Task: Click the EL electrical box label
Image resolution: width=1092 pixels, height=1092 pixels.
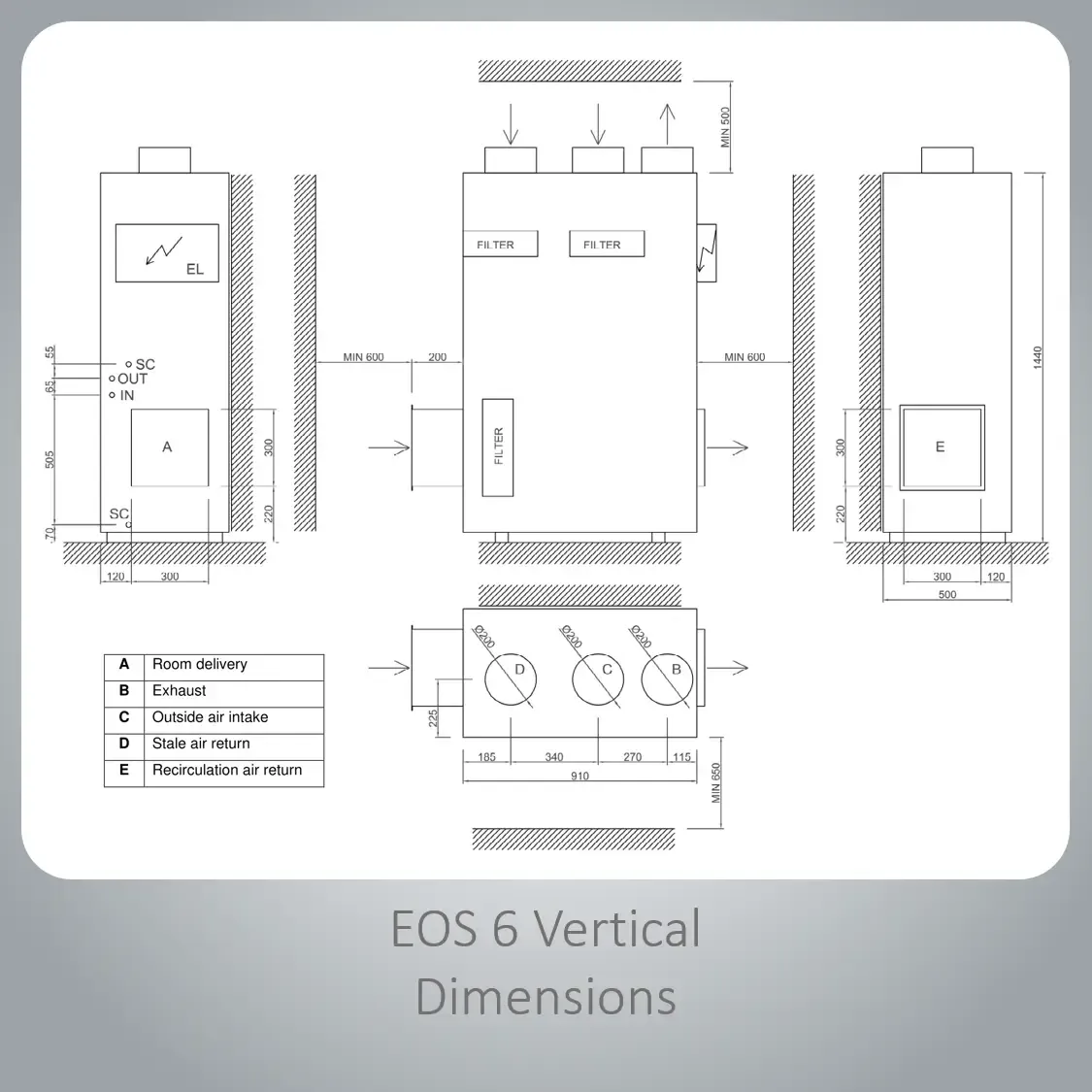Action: coord(195,270)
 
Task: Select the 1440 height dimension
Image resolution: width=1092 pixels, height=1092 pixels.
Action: coord(1038,357)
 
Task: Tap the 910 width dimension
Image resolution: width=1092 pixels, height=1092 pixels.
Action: coord(580,776)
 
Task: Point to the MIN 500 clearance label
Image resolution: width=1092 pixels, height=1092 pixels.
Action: coord(726,127)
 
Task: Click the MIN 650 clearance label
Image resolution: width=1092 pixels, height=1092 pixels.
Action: coord(716,783)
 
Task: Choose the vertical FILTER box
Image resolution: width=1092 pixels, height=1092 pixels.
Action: coord(498,447)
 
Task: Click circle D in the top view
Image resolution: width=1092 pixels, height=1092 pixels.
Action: coord(511,679)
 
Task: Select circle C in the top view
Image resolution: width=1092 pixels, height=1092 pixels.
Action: coord(598,679)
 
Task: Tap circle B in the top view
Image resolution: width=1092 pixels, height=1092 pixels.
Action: coord(667,679)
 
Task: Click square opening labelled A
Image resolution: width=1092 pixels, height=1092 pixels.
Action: coord(170,410)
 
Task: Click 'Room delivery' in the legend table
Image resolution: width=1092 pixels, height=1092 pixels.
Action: coord(200,664)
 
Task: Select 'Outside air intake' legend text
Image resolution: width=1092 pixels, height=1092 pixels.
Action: coord(211,717)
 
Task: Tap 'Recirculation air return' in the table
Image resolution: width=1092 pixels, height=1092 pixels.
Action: coord(227,771)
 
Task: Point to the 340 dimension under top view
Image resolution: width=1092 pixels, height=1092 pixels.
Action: coord(554,757)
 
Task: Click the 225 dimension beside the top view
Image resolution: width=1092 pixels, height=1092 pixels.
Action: coord(433,718)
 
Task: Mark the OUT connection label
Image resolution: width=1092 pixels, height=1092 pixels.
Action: coord(132,379)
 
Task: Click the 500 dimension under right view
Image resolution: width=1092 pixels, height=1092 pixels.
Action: coord(947,595)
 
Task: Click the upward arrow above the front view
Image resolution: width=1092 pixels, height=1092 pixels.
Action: coord(667,124)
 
